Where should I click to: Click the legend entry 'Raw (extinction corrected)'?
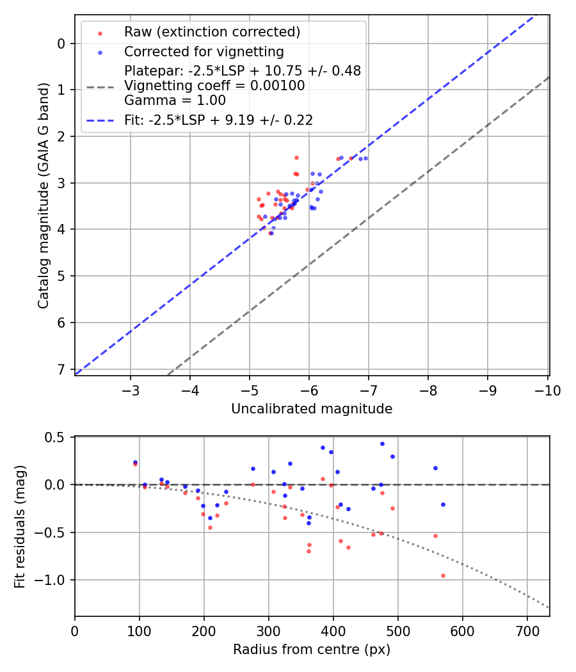click(212, 32)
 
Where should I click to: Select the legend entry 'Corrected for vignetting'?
click(204, 51)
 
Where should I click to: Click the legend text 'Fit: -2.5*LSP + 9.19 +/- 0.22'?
click(218, 120)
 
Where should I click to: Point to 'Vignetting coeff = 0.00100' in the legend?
click(214, 86)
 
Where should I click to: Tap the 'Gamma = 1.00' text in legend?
click(175, 100)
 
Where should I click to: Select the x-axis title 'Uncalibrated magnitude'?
click(312, 408)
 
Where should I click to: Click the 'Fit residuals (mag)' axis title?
click(20, 526)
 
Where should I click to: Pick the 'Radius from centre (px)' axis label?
click(312, 650)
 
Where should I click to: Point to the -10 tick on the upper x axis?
click(547, 390)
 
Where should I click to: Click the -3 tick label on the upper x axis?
click(131, 390)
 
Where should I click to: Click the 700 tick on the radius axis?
click(527, 630)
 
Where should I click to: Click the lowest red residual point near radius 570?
click(443, 575)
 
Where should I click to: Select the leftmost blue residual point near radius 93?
click(135, 462)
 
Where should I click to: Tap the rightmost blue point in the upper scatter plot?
click(365, 158)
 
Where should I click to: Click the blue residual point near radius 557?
click(435, 468)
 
